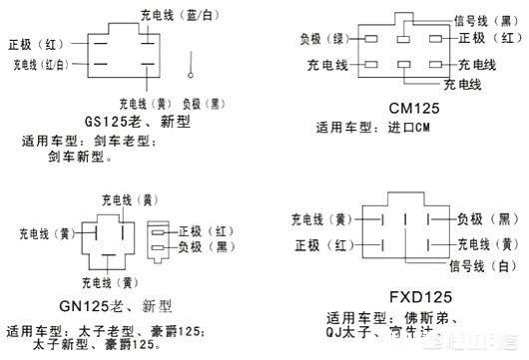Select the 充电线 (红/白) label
coord(41,65)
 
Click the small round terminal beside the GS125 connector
coord(189,71)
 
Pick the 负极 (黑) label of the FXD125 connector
coord(487,217)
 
